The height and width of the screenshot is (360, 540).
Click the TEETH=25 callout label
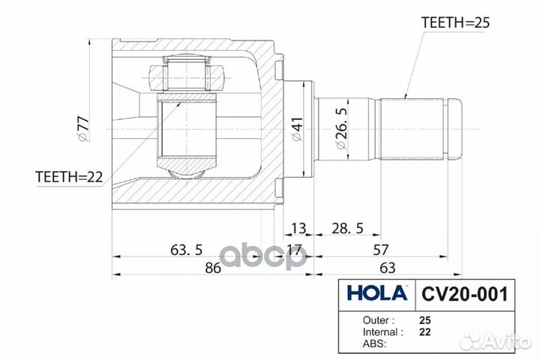(x=455, y=22)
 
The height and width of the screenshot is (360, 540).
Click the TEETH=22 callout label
(x=69, y=177)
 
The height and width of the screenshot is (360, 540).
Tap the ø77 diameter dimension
(x=84, y=129)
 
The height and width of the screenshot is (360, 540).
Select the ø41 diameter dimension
(x=297, y=129)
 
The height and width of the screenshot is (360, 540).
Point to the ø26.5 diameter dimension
(x=341, y=128)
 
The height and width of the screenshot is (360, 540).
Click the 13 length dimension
(x=298, y=228)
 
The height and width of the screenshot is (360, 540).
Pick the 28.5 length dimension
(x=347, y=228)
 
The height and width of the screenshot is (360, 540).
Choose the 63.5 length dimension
(x=186, y=250)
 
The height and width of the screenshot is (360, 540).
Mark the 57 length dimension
(x=380, y=250)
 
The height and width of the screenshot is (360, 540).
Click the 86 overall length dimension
(x=212, y=268)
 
